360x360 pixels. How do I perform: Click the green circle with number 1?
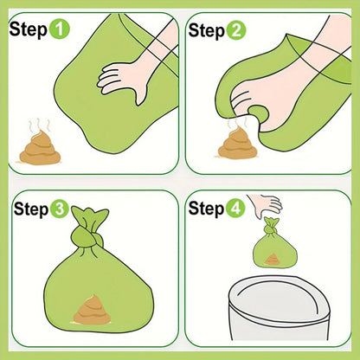click(60, 30)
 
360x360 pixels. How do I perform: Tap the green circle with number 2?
click(236, 31)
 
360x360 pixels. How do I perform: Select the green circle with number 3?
click(60, 209)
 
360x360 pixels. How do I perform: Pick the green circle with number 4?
click(236, 209)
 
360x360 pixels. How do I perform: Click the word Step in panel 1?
click(29, 30)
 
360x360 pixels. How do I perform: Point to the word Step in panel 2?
click(206, 31)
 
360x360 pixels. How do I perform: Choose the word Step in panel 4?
click(206, 209)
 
